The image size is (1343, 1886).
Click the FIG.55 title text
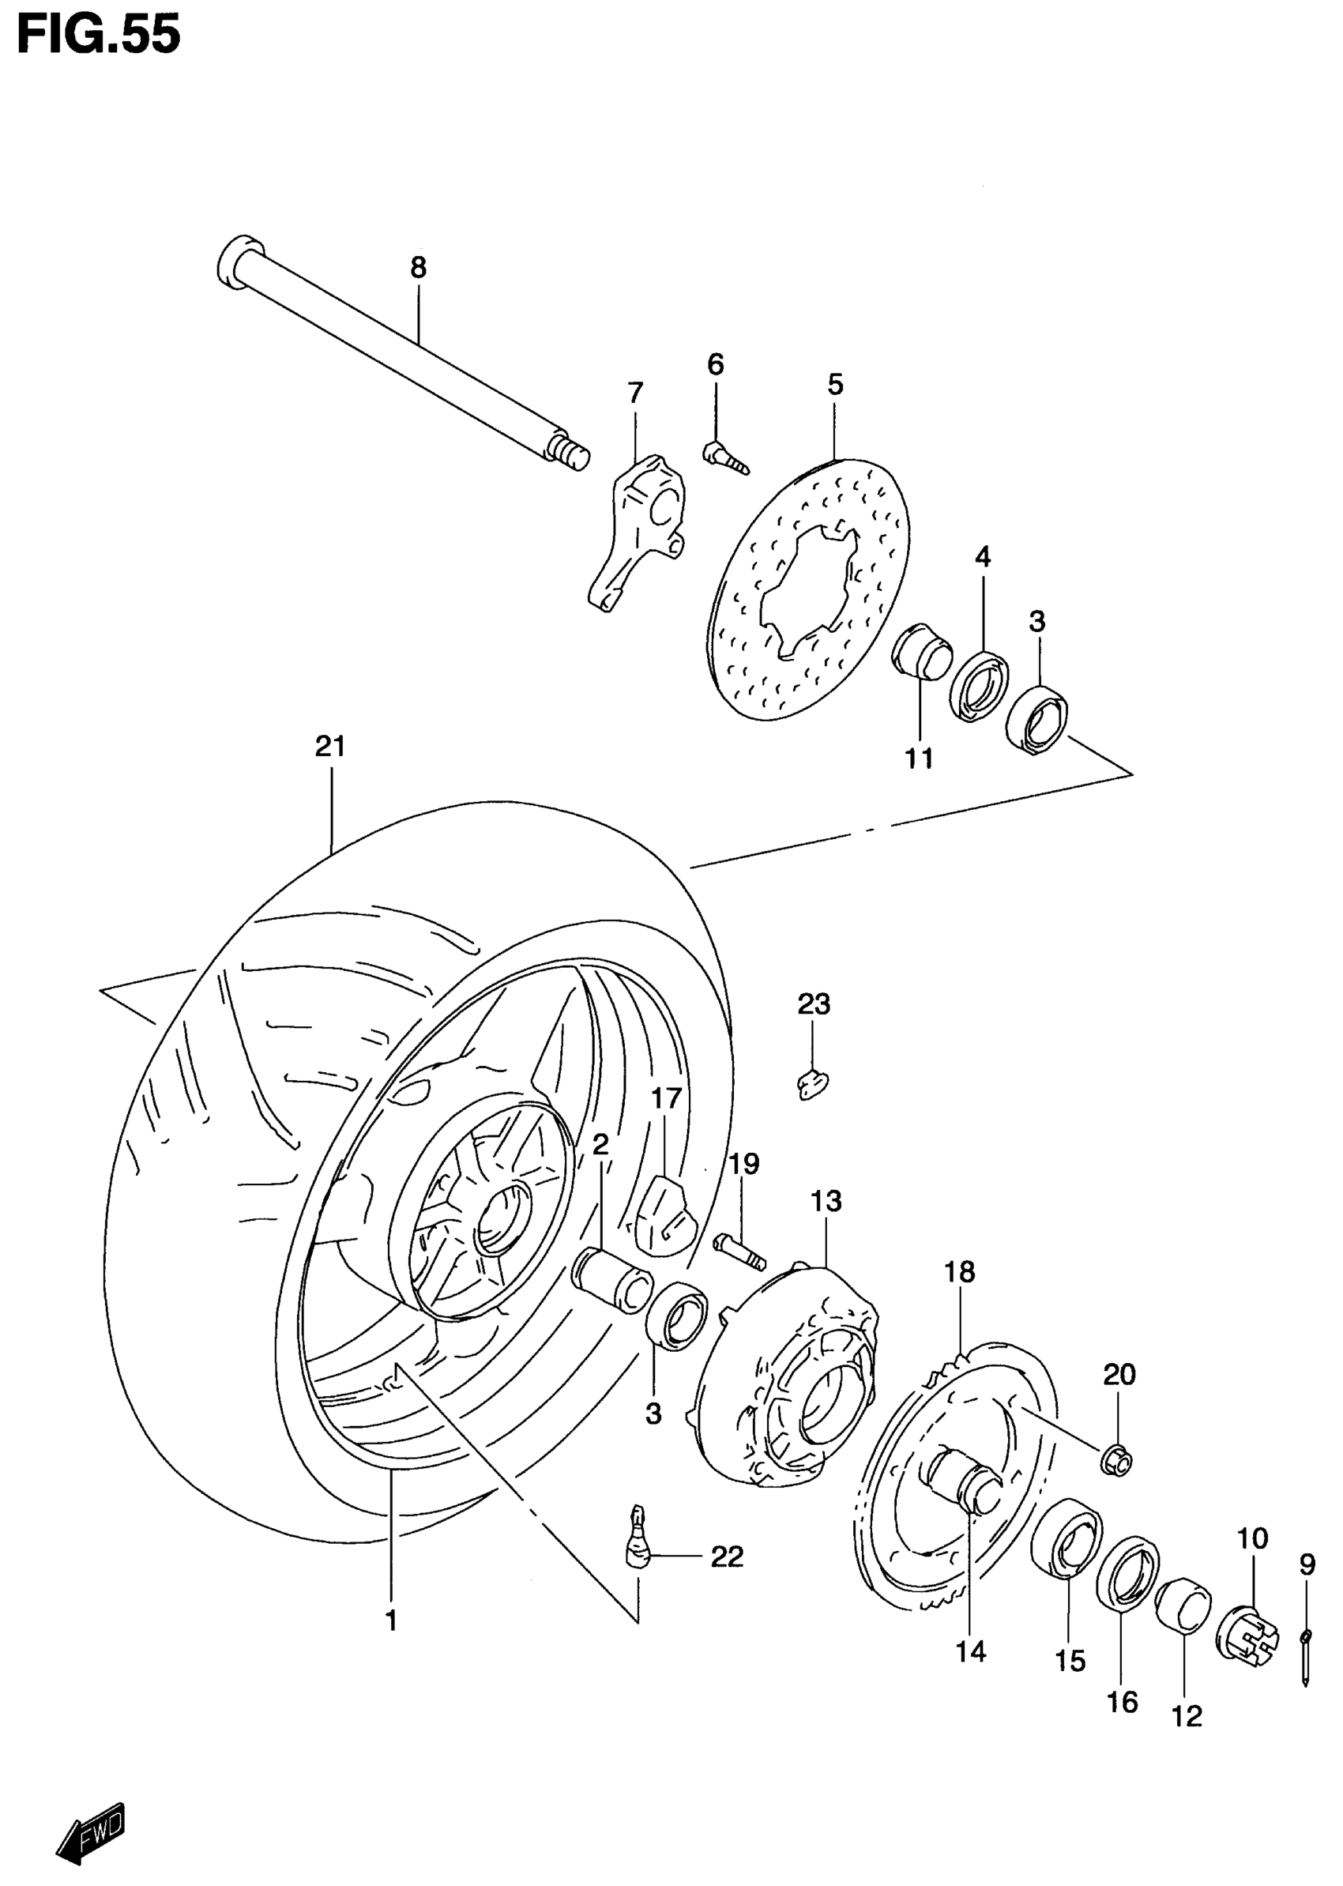[x=99, y=36]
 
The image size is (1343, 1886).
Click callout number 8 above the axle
[x=419, y=267]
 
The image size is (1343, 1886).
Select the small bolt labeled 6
[x=724, y=457]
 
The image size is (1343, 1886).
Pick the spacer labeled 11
[x=920, y=652]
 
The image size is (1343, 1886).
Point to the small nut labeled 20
[x=1118, y=1461]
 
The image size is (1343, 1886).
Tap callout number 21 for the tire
[x=330, y=747]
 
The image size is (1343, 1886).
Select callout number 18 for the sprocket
[x=959, y=1272]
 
